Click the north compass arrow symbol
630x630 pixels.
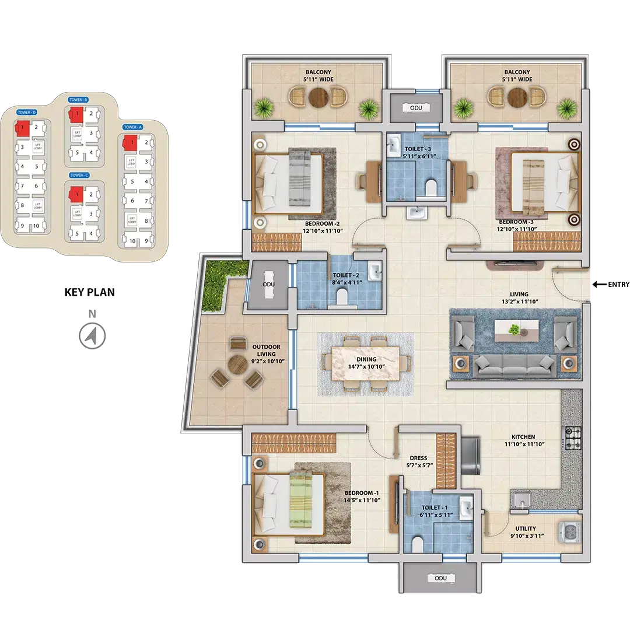tap(91, 336)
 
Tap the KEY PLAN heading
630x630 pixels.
tap(89, 293)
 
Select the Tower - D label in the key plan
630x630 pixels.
tap(27, 112)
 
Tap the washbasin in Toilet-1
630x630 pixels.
tap(466, 509)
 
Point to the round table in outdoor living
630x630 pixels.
tap(237, 366)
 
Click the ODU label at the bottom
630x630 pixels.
tap(440, 578)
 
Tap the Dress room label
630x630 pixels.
tap(418, 458)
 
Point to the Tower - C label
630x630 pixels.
tap(79, 176)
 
